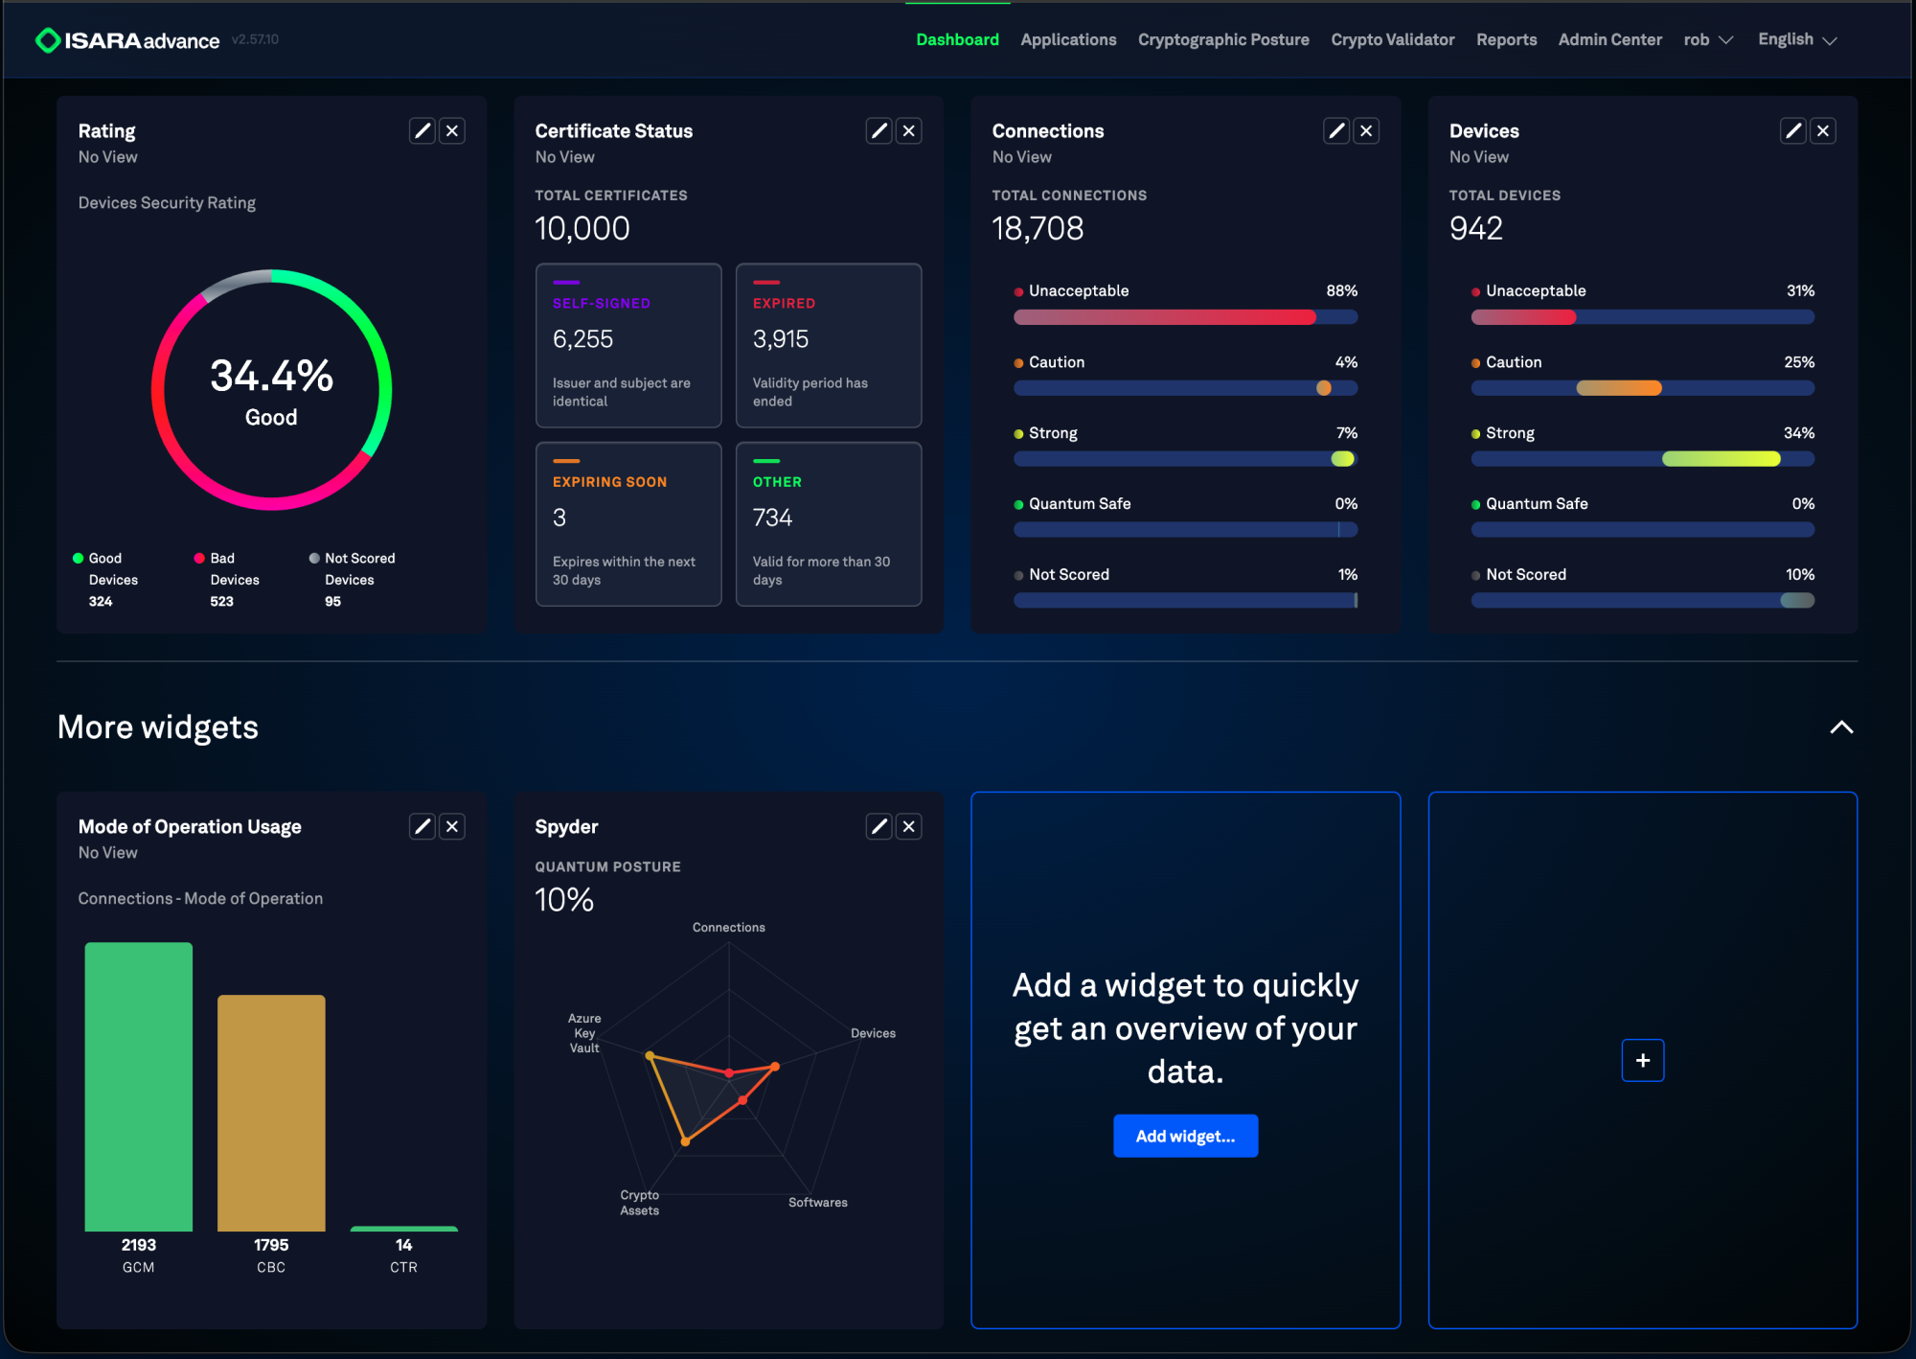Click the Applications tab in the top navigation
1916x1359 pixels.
pos(1068,39)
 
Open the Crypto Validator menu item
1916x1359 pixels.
pos(1392,39)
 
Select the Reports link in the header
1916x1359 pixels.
pos(1506,39)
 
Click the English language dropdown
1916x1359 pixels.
pos(1797,39)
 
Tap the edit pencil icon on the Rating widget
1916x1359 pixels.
pos(422,130)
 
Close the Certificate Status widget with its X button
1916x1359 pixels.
pos(909,130)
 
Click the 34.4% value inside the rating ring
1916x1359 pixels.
pos(272,376)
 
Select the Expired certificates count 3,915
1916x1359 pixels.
pos(781,339)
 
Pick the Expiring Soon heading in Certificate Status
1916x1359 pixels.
pos(609,482)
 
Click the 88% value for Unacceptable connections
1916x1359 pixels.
pos(1341,290)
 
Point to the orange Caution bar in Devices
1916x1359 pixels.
pos(1619,388)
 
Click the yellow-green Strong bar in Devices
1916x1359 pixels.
pos(1722,459)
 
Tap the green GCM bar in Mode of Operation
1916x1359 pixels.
pos(139,1087)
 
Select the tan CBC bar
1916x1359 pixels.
pos(271,1113)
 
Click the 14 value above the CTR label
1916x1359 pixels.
pos(404,1245)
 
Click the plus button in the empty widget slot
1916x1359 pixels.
pos(1643,1060)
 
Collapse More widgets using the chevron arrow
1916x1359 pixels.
pos(1841,727)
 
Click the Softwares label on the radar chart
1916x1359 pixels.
pos(818,1203)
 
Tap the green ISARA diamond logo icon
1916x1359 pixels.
pos(47,40)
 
